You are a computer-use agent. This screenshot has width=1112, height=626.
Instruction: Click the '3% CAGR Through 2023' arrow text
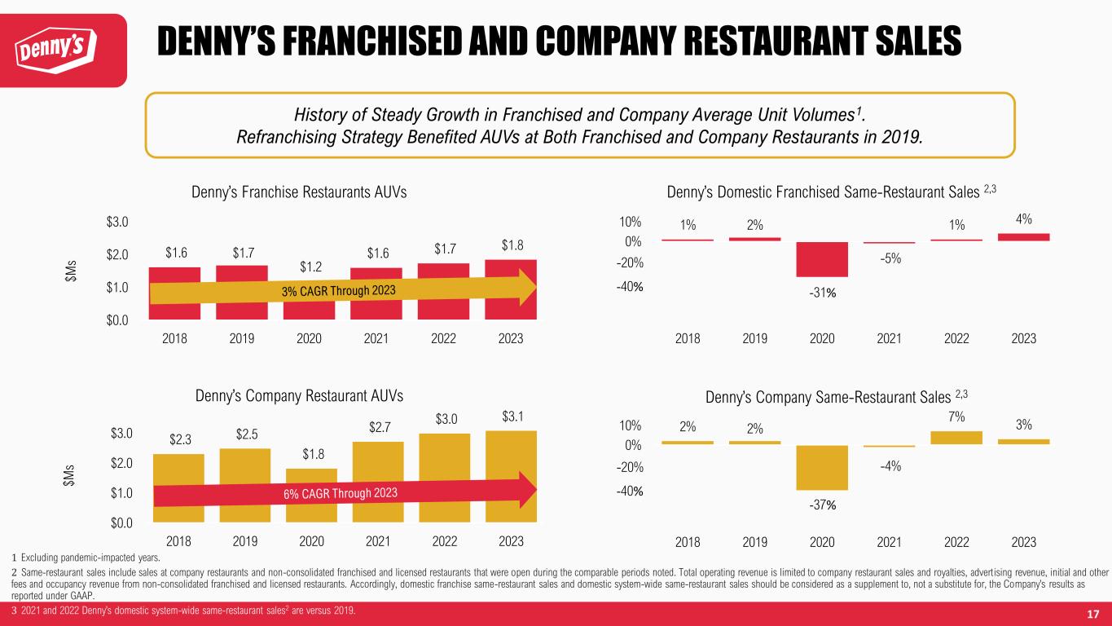[341, 291]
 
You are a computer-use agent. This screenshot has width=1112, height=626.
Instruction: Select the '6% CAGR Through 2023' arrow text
[343, 495]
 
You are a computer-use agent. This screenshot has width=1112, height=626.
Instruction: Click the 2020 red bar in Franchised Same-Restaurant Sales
[822, 259]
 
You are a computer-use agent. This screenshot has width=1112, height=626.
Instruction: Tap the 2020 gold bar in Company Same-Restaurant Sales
[822, 467]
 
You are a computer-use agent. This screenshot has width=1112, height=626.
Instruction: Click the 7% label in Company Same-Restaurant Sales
[957, 417]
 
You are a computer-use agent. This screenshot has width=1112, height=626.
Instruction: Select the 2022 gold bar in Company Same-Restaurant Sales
[956, 438]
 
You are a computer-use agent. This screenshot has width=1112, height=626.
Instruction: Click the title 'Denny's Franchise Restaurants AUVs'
[299, 191]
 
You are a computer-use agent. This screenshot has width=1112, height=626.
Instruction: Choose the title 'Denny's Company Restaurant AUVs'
[300, 396]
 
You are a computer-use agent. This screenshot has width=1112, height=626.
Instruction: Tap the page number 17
[1093, 612]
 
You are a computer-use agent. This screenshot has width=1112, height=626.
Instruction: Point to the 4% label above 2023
[1024, 218]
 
